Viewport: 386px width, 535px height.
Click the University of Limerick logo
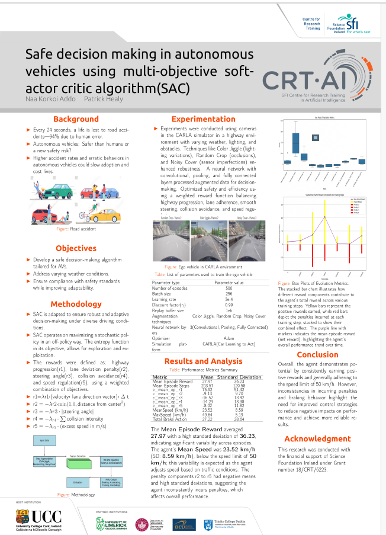112,524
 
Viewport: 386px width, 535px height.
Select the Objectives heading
76,248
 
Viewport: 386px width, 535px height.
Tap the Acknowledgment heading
317,438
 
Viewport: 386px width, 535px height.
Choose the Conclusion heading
317,354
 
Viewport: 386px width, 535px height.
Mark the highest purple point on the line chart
324,217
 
